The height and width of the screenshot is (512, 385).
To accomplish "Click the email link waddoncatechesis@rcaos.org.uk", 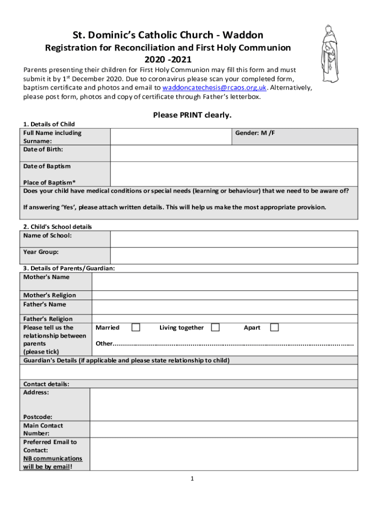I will (214, 87).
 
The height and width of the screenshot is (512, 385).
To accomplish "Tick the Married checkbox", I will (135, 327).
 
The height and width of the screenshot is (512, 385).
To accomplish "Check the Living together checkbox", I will (215, 327).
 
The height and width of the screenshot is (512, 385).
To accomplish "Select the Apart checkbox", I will (274, 327).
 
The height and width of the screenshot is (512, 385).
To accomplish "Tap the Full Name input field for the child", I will (170, 136).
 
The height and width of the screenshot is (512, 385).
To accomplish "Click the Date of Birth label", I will (43, 149).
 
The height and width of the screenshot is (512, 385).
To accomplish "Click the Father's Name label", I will (44, 304).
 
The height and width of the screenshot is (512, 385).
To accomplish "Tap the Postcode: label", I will (37, 417).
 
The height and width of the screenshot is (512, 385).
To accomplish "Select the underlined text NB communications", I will (52, 458).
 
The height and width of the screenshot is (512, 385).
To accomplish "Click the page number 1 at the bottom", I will (191, 479).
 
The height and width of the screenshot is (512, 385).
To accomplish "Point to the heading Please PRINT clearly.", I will (192, 115).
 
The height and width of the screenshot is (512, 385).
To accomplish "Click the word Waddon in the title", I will (243, 35).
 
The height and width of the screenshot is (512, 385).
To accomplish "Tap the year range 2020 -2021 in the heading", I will (168, 59).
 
